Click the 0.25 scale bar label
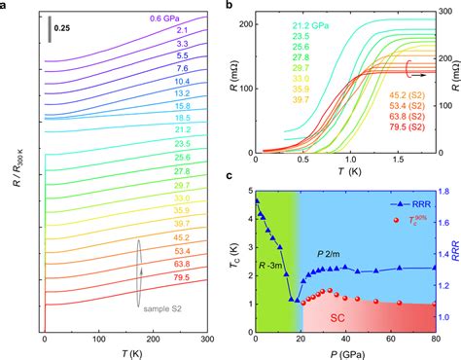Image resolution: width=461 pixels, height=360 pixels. pyautogui.click(x=72, y=28)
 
